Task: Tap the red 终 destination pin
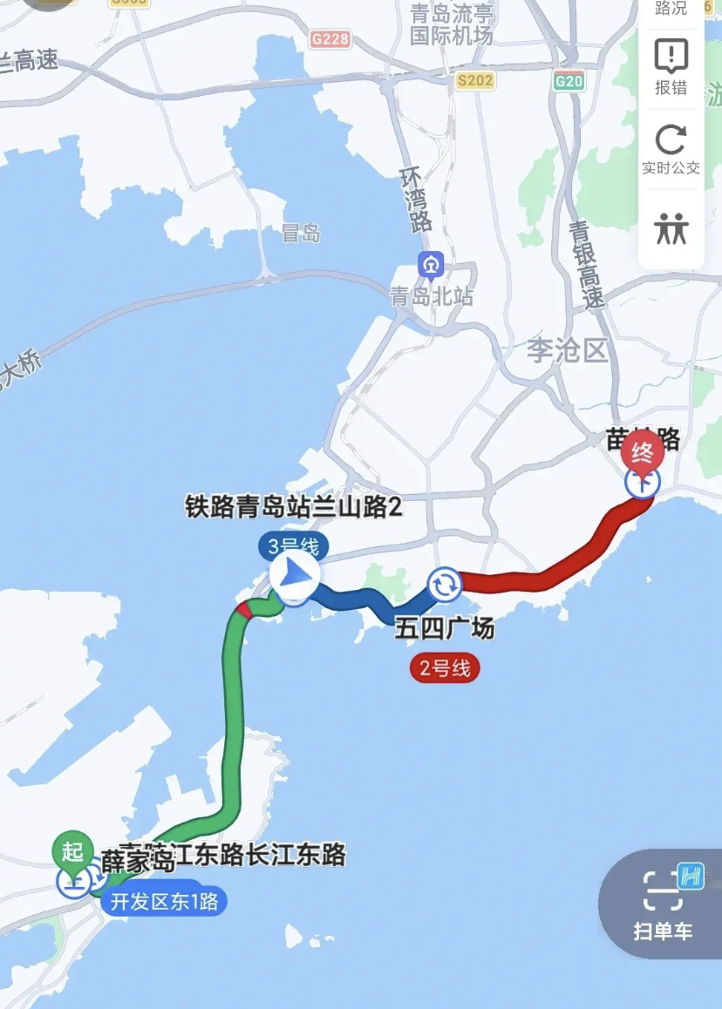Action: pyautogui.click(x=642, y=451)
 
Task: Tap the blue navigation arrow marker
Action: pyautogui.click(x=294, y=575)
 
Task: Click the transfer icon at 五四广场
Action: pyautogui.click(x=445, y=586)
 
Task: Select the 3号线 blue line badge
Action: pyautogui.click(x=294, y=547)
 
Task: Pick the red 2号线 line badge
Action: pyautogui.click(x=445, y=669)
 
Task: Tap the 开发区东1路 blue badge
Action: pyautogui.click(x=164, y=902)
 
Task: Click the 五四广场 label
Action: pyautogui.click(x=445, y=629)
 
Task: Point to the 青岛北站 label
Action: pyautogui.click(x=432, y=296)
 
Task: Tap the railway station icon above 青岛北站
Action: pyautogui.click(x=431, y=264)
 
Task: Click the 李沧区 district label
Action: pyautogui.click(x=567, y=351)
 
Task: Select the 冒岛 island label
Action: pyautogui.click(x=301, y=234)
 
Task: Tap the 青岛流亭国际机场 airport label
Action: pyautogui.click(x=452, y=24)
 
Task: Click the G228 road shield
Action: pyautogui.click(x=330, y=39)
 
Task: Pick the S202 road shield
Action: pyautogui.click(x=475, y=81)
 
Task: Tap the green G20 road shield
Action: pyautogui.click(x=569, y=81)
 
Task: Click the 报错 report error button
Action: pyautogui.click(x=671, y=67)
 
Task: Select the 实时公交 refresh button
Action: pyautogui.click(x=671, y=149)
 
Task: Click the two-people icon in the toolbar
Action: pyautogui.click(x=671, y=228)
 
